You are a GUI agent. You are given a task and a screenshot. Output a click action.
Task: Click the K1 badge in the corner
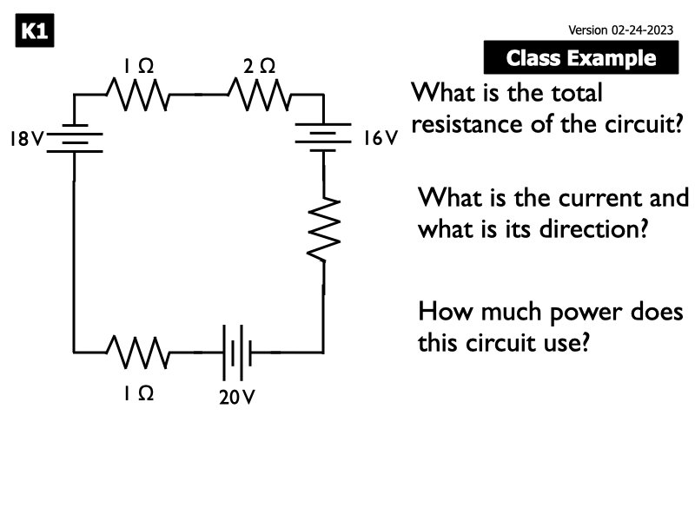coord(35,33)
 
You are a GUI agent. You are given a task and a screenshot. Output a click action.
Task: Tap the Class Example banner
coord(580,58)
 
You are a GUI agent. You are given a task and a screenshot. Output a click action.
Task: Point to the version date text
coord(620,30)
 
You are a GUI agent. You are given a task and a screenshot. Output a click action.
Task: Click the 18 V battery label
coord(25,138)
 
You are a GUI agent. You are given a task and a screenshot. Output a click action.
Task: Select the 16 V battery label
coord(380,138)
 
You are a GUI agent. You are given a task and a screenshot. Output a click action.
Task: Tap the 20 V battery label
coord(236,398)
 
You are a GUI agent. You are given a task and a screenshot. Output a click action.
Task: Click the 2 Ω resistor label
coord(260,66)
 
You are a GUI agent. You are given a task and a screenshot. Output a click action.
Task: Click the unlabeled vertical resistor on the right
coord(323,228)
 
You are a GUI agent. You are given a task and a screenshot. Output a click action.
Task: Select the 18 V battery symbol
coord(74,139)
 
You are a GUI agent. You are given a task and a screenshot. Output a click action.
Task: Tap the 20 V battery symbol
coord(236,353)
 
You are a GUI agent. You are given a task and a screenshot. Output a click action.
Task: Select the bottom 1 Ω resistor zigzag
coord(137,353)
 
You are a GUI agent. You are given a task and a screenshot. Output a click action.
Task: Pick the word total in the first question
coord(570,91)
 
